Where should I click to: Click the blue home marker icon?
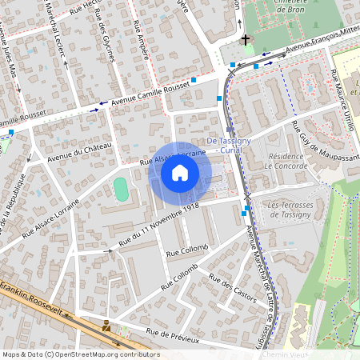(x=180, y=172)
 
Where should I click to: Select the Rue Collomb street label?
(x=186, y=252)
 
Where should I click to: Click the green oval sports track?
(x=121, y=190)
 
